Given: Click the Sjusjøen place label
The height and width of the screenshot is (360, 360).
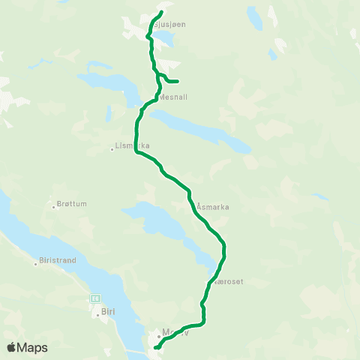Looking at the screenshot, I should pyautogui.click(x=169, y=25).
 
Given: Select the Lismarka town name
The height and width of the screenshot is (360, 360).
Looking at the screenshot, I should pyautogui.click(x=134, y=145).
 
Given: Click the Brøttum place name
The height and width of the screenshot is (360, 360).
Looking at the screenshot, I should pyautogui.click(x=72, y=204).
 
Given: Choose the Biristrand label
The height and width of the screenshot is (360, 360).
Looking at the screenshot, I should pyautogui.click(x=56, y=262).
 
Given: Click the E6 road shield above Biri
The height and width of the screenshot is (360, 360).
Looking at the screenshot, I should pyautogui.click(x=95, y=298).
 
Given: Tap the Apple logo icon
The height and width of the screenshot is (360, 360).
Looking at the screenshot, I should pyautogui.click(x=12, y=347).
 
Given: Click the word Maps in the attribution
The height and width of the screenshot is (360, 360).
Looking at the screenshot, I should pyautogui.click(x=33, y=347).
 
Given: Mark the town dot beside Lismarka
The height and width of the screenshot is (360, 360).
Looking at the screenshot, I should pyautogui.click(x=112, y=148).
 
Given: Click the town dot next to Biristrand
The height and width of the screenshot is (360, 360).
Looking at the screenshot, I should pyautogui.click(x=35, y=262).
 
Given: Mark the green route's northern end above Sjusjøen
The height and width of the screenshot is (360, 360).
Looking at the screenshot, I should pyautogui.click(x=162, y=13).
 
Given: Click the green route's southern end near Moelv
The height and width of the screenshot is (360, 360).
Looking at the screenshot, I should pyautogui.click(x=155, y=347).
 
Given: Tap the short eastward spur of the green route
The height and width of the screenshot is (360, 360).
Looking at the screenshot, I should pyautogui.click(x=172, y=81).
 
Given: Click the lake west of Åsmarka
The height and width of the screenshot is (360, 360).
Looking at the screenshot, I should pyautogui.click(x=161, y=221).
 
